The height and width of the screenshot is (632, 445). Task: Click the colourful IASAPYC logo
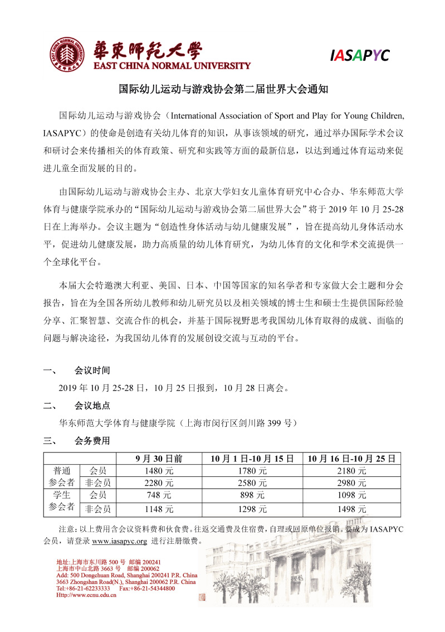coord(359,55)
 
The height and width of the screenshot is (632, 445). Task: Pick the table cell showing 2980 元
coord(351,483)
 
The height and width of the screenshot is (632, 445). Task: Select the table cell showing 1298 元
coord(252,509)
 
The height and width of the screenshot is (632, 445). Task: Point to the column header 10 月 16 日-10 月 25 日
coord(351,459)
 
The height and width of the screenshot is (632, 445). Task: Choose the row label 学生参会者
coord(62,501)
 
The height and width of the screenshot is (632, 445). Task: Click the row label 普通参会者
coord(62,476)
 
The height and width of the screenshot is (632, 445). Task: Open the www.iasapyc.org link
coord(119,541)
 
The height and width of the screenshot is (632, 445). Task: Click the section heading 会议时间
coord(92,370)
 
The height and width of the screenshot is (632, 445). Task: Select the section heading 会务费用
coord(92,441)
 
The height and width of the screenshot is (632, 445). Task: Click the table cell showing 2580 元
coord(252,483)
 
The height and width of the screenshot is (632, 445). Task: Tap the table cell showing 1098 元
coord(351,495)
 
